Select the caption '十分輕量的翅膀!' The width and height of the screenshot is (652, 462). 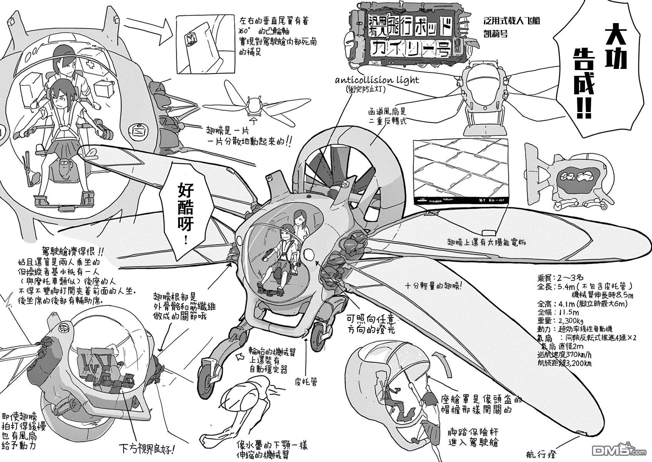tap(434, 287)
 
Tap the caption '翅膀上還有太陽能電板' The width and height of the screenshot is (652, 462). tap(486, 243)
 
